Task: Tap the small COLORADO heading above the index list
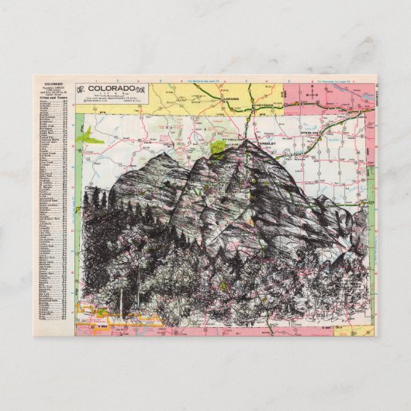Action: click(x=53, y=82)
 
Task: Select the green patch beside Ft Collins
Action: click(x=218, y=144)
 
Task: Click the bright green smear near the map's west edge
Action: click(x=92, y=137)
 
